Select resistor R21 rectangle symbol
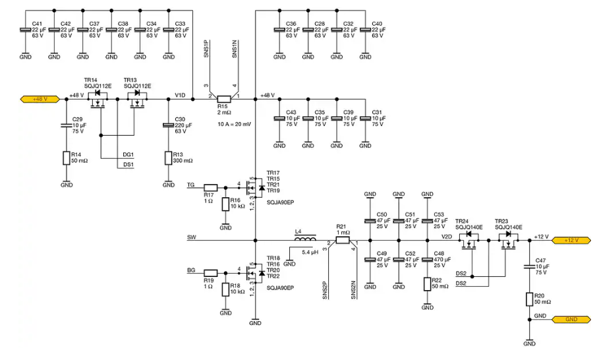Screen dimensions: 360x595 tap(341, 241)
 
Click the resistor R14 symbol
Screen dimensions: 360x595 tap(66, 158)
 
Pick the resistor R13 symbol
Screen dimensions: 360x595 tap(168, 158)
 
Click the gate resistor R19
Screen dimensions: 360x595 tap(210, 272)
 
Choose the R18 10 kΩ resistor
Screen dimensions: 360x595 tap(225, 289)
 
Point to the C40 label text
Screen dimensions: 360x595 tap(376, 24)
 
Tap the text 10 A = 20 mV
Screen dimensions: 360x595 tap(234, 124)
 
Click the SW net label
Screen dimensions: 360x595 tap(192, 236)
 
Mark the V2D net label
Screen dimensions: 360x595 tap(446, 236)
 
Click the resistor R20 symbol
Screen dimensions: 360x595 tap(528, 299)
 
